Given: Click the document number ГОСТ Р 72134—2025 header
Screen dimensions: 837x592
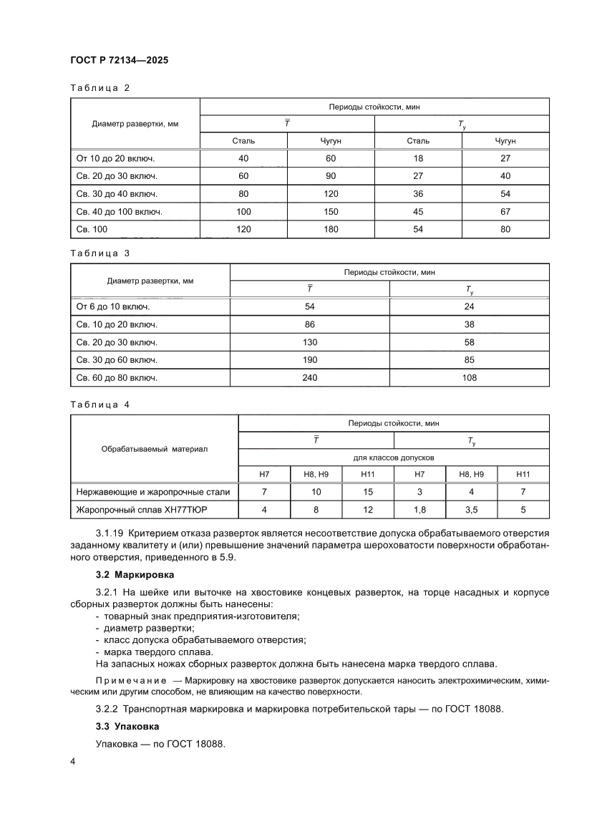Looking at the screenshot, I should (x=119, y=62).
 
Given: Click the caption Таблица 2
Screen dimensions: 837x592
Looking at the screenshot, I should (x=100, y=88).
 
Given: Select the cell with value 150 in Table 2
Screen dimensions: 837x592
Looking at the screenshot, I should (x=331, y=212).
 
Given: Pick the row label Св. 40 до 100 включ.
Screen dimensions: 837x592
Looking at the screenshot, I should (x=120, y=212).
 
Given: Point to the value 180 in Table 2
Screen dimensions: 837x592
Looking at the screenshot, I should (x=331, y=229).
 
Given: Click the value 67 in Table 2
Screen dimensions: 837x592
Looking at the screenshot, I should (x=505, y=212).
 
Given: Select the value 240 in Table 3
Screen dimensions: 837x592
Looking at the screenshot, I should (x=309, y=377).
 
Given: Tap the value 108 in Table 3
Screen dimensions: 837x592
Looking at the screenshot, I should (x=470, y=377).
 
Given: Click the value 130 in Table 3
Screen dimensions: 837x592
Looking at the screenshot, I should (x=309, y=342).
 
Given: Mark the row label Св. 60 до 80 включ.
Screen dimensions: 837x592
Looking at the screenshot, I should (x=117, y=377).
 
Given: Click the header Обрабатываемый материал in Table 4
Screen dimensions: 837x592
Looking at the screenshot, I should (x=154, y=449).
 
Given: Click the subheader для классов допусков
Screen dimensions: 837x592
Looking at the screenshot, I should (x=393, y=457).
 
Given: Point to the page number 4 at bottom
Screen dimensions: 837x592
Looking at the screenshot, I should (x=73, y=760).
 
